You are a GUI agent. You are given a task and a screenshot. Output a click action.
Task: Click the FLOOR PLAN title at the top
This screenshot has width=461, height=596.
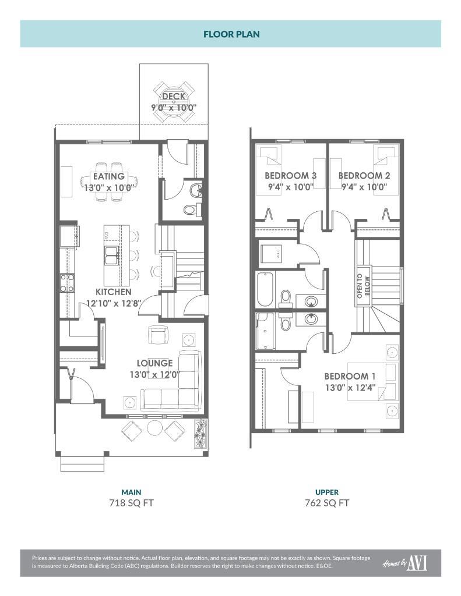pos(231,34)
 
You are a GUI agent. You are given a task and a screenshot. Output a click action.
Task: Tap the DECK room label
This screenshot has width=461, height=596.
pos(174,97)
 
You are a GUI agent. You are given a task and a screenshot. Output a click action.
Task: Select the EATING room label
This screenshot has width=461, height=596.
pos(109,176)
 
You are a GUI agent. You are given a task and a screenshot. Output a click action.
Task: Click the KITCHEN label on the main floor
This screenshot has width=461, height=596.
pos(114,292)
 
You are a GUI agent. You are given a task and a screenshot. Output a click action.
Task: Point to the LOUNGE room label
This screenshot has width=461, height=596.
pos(154,363)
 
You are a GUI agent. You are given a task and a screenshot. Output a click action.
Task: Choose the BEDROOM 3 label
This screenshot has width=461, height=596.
pos(291,176)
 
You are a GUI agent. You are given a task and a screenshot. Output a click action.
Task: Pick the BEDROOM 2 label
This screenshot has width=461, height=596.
pos(364,176)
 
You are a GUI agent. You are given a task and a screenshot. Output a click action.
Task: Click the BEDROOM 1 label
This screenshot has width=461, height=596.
pos(346,376)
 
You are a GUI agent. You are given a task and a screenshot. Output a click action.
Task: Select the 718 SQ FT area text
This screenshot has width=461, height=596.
pos(131,503)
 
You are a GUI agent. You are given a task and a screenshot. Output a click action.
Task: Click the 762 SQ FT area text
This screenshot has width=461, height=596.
pos(327,503)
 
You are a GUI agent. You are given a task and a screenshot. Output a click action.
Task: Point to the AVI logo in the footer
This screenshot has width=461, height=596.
pos(416,563)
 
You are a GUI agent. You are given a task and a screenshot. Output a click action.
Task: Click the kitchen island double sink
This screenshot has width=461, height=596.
pos(112,254)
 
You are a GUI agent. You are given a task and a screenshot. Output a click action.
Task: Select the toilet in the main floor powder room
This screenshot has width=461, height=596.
pos(190,210)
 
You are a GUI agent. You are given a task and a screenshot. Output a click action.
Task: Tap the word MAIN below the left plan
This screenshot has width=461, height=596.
pos(131,492)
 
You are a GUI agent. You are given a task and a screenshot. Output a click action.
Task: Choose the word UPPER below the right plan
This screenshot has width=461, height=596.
pos(327,492)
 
